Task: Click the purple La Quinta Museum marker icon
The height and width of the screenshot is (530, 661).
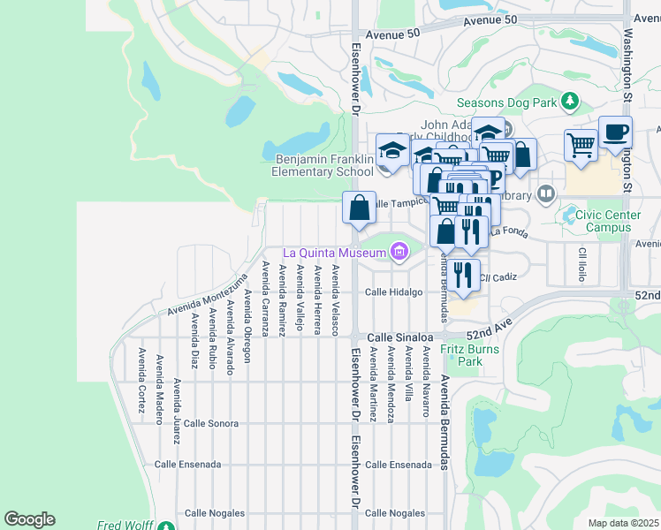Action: pos(399,254)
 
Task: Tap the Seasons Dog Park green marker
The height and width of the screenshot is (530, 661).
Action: pos(570,102)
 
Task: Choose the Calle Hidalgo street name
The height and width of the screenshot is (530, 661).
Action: pos(395,291)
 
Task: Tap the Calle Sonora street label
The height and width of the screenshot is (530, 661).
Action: pos(211,423)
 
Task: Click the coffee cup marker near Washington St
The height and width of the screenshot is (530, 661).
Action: pos(615,132)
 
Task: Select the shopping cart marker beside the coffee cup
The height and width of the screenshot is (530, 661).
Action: pos(581,144)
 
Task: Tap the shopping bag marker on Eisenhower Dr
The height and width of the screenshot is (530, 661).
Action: pos(359,208)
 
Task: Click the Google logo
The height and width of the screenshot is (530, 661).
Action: pos(29,519)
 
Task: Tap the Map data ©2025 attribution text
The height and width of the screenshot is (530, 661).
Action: pos(623,523)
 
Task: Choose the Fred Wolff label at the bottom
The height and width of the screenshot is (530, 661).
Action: pos(122,525)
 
